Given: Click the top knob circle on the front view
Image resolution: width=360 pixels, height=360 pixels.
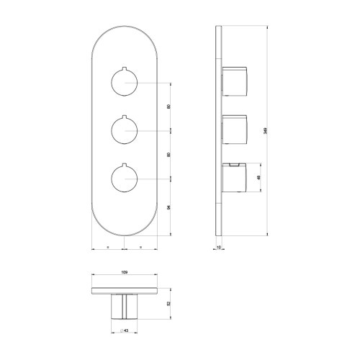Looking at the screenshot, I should (124, 84).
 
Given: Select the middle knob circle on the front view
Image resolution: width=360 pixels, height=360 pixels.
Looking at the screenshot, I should (124, 130).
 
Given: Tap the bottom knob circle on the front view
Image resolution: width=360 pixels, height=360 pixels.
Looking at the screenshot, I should (124, 177).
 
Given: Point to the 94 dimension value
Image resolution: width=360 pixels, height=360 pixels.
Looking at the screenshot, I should (168, 207).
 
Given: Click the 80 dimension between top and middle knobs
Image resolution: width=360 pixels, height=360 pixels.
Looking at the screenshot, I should (168, 107).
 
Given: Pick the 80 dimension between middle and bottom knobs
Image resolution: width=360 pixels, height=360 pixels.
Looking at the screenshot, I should (168, 153).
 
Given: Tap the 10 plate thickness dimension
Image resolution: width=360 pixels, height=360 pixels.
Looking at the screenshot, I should (220, 247).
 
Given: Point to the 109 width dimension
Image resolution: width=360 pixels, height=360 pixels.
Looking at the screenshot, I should (123, 273).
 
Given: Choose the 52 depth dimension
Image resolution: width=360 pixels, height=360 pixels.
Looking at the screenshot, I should (168, 303).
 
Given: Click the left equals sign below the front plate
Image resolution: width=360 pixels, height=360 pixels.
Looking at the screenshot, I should (108, 248).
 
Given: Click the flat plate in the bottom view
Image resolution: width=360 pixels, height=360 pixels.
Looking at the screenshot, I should (123, 291).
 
